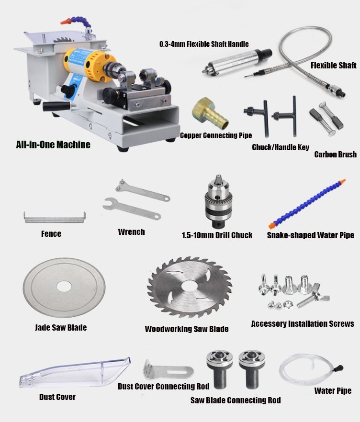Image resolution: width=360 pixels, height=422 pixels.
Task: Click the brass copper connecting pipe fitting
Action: click(210, 114)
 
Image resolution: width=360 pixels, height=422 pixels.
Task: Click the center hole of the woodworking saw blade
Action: click(189, 286)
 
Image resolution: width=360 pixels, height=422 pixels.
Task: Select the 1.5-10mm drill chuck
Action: click(218, 201)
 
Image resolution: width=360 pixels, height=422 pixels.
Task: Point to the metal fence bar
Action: click(55, 219)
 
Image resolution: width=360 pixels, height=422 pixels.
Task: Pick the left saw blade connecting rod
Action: click(219, 369)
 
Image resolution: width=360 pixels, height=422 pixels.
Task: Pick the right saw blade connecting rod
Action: click(252, 369)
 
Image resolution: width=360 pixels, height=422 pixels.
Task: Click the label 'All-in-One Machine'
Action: click(53, 144)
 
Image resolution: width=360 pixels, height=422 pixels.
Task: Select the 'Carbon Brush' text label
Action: click(335, 154)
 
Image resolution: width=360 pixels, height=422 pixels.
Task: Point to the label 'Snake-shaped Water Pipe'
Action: click(311, 235)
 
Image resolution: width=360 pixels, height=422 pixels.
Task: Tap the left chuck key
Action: click(257, 117)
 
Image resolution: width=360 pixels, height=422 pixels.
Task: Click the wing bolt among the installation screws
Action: click(314, 298)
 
